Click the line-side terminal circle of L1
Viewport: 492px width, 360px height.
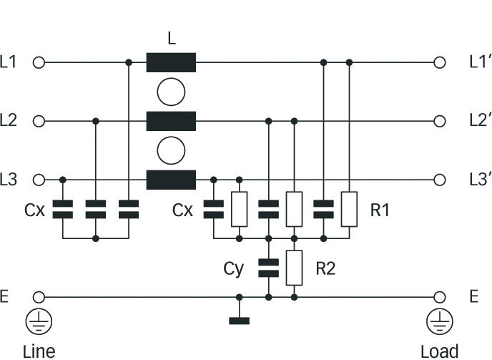pyautogui.click(x=39, y=62)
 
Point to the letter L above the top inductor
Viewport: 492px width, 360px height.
pyautogui.click(x=171, y=40)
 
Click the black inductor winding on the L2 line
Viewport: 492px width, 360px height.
pyautogui.click(x=171, y=121)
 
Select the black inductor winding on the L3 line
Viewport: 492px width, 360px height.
pyautogui.click(x=171, y=180)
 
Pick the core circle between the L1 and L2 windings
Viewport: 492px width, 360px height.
pyautogui.click(x=171, y=92)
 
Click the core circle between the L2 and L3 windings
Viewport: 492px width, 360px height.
pyautogui.click(x=171, y=150)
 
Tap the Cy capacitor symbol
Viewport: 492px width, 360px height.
pyautogui.click(x=268, y=268)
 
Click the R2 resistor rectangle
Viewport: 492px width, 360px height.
pyautogui.click(x=294, y=268)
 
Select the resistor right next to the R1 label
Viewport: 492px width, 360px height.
pyautogui.click(x=349, y=209)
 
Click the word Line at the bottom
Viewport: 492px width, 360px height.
pyautogui.click(x=39, y=351)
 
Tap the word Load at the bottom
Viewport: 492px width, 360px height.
pyautogui.click(x=439, y=351)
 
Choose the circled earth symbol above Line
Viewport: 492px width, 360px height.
pyautogui.click(x=39, y=323)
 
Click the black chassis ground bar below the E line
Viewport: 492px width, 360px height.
pyautogui.click(x=240, y=321)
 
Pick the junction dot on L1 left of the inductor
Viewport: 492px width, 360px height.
pyautogui.click(x=129, y=62)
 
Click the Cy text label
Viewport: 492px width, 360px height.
pyautogui.click(x=233, y=268)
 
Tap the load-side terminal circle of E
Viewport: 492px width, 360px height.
pyautogui.click(x=439, y=297)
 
